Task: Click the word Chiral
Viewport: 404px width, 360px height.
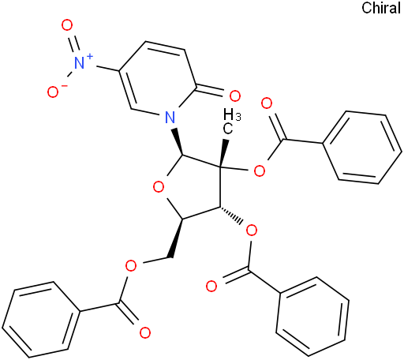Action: click(x=381, y=8)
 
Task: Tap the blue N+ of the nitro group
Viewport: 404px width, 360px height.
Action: click(x=83, y=62)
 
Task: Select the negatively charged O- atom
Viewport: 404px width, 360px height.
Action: click(x=56, y=92)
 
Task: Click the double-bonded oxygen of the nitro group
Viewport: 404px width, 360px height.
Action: click(x=67, y=25)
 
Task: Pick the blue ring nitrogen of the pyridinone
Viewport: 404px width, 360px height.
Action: click(x=170, y=117)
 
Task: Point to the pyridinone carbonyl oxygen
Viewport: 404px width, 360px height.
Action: click(x=234, y=96)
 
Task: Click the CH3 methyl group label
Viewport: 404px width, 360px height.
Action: click(x=231, y=122)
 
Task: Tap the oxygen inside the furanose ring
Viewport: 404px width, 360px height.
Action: click(x=159, y=187)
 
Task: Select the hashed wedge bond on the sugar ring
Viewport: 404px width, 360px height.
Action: click(x=230, y=216)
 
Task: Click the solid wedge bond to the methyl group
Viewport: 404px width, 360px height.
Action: click(x=223, y=152)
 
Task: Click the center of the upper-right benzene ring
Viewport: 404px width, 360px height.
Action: click(x=362, y=148)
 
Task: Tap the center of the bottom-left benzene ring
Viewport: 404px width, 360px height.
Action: click(x=41, y=320)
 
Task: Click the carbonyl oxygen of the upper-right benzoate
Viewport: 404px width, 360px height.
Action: click(x=267, y=103)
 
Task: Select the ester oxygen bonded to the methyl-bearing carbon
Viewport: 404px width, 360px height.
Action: click(x=260, y=171)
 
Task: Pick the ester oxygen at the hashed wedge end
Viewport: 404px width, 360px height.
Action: click(x=252, y=231)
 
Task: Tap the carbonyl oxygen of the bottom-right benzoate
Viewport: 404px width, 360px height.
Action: click(x=211, y=286)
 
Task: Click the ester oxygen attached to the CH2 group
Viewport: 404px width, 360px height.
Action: click(x=131, y=266)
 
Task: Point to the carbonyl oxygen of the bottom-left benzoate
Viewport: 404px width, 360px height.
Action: click(x=144, y=332)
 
